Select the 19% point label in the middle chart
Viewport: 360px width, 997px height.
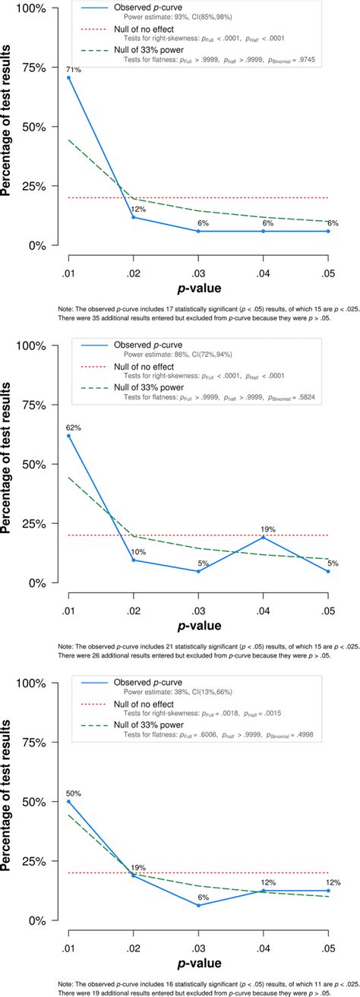tap(264, 528)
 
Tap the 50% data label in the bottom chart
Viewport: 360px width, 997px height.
tap(74, 793)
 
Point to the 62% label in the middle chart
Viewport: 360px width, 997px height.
tap(74, 428)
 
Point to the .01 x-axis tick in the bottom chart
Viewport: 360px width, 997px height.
tap(69, 939)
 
